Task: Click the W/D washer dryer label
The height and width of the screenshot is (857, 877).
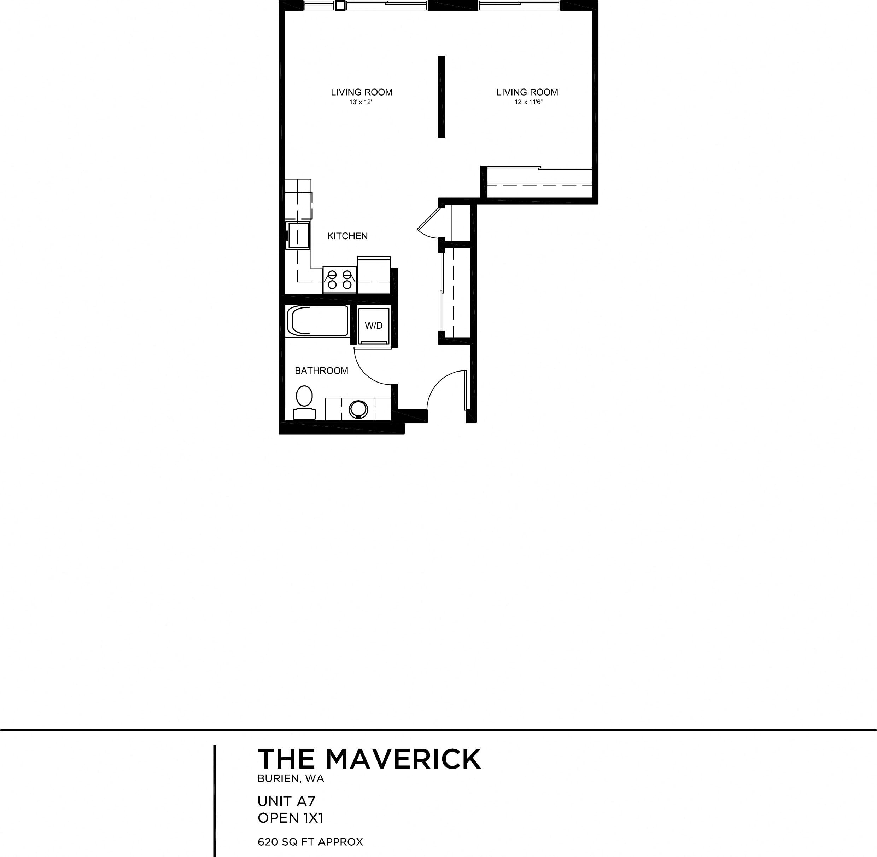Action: tap(373, 326)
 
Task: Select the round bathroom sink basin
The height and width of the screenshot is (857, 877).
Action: tap(358, 409)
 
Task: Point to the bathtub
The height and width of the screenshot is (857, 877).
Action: tap(317, 321)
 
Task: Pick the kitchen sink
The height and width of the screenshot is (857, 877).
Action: tap(299, 235)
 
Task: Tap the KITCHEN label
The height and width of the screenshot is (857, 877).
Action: tap(347, 236)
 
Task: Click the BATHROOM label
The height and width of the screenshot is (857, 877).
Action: tap(321, 370)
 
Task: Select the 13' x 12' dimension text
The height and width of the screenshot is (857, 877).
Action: tap(360, 102)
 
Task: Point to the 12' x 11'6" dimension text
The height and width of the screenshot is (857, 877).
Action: tap(528, 102)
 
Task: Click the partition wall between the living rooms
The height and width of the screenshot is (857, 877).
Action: tap(442, 96)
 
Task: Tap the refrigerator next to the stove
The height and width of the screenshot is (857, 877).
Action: tap(374, 275)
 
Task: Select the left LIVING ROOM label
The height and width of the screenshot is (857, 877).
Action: tap(362, 92)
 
